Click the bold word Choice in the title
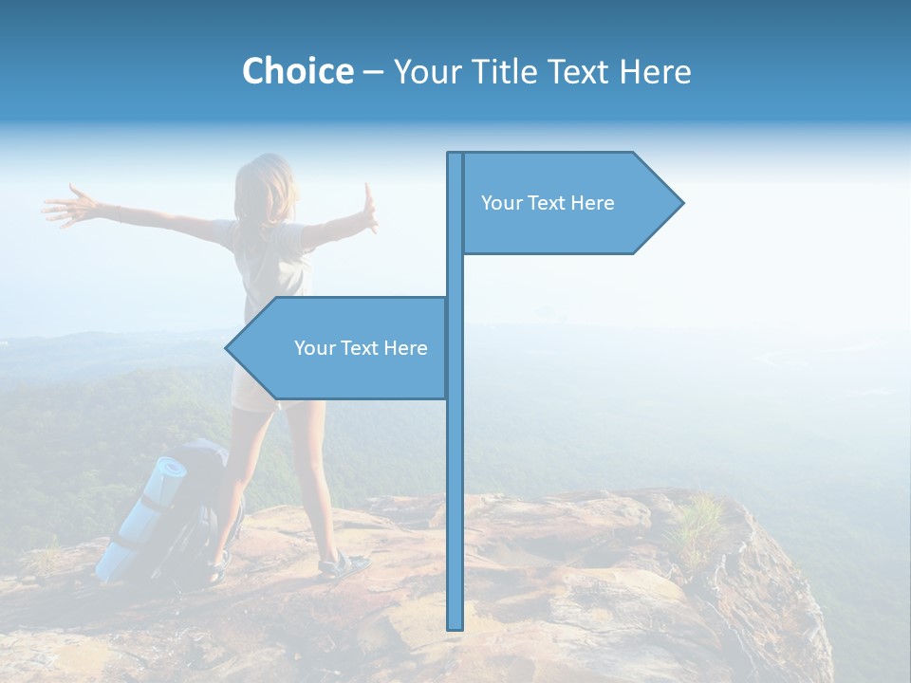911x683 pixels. click(x=297, y=71)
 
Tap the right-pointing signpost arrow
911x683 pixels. click(x=569, y=203)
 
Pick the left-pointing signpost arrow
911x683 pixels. click(x=342, y=348)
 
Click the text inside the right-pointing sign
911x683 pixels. click(x=548, y=203)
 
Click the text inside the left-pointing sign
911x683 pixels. click(x=361, y=348)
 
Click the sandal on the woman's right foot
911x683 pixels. click(x=343, y=565)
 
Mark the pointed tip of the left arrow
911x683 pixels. click(x=229, y=348)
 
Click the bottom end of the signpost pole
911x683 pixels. click(x=455, y=626)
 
